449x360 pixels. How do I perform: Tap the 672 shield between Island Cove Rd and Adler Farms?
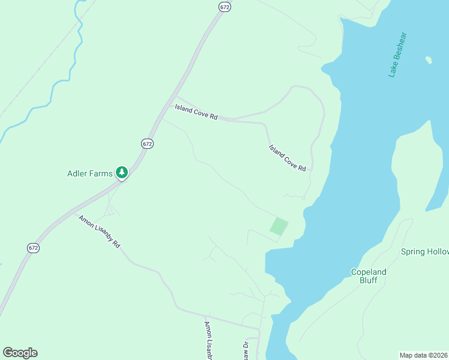click(x=148, y=143)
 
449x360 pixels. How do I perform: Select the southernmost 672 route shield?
click(x=34, y=247)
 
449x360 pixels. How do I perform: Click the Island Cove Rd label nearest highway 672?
click(x=196, y=112)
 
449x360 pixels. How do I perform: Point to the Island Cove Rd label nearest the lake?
click(x=288, y=158)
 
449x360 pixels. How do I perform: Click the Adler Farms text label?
click(x=89, y=174)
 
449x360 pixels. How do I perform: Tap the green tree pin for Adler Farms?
click(x=122, y=173)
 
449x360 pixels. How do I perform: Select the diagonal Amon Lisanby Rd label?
click(x=99, y=232)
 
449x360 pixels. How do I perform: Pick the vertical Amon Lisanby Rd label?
click(x=208, y=340)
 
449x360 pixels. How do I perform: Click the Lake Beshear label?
click(x=397, y=55)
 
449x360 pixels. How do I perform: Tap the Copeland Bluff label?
click(x=369, y=276)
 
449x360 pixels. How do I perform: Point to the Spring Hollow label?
click(x=424, y=252)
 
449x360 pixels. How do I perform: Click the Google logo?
click(x=20, y=353)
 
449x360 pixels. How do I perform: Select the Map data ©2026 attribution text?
click(x=424, y=355)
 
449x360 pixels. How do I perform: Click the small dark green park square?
click(x=278, y=227)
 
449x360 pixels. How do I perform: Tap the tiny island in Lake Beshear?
click(x=429, y=60)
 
